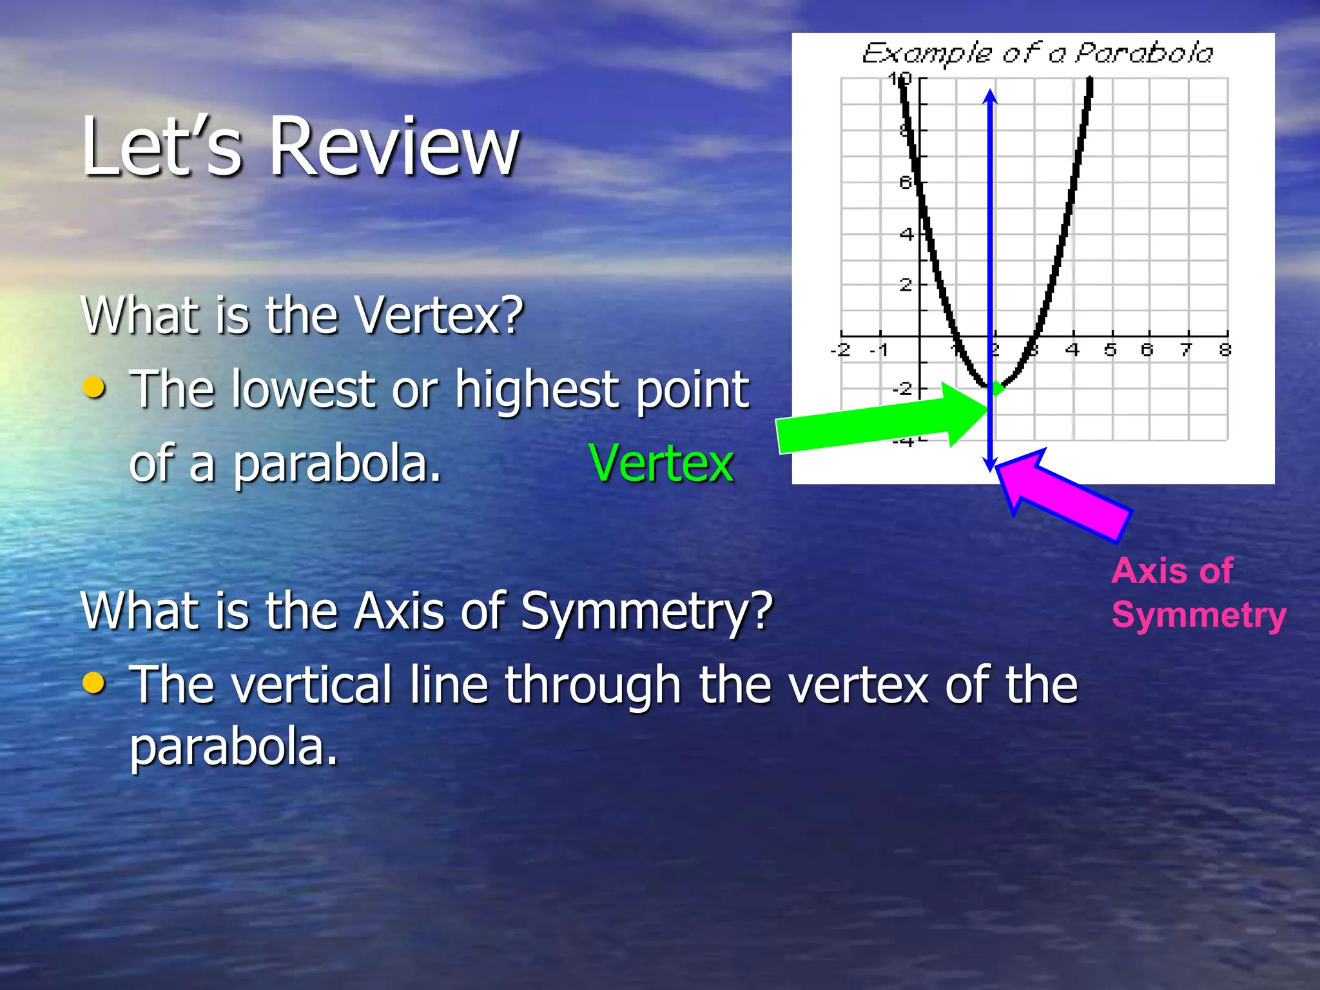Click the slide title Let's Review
300,147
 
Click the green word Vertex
661,463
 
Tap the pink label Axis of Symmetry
1198,593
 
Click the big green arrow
877,422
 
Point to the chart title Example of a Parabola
1037,53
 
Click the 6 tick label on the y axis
906,183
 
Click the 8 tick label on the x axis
1225,350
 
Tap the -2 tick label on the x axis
840,350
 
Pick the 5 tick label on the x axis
1110,350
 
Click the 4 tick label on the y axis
906,234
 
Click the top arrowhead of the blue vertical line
991,97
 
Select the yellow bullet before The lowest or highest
95,387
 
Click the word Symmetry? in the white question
646,611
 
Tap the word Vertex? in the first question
440,316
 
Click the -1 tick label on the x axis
878,350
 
